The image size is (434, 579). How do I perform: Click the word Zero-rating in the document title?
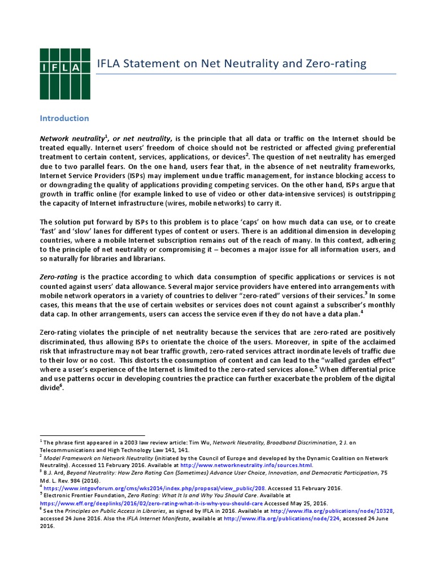336,63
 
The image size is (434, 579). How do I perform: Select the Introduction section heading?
64,118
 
